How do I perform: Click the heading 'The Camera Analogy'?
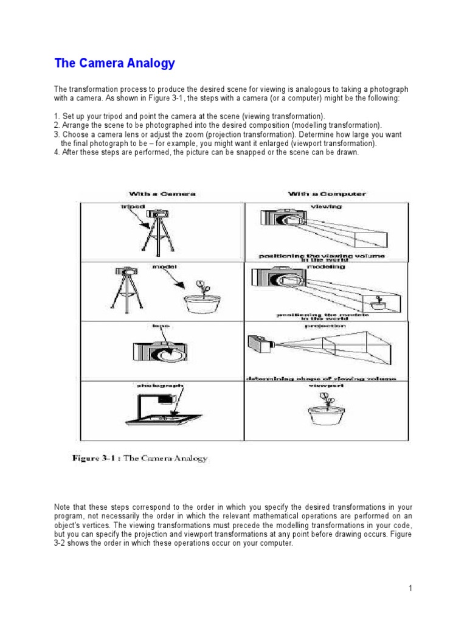[x=114, y=63]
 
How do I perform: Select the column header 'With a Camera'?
[x=162, y=194]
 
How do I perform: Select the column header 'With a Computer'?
[x=327, y=194]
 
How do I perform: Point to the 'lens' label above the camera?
[x=161, y=326]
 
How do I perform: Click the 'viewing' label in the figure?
[x=326, y=207]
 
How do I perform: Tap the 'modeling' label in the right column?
[x=327, y=266]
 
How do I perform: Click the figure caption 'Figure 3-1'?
[x=139, y=458]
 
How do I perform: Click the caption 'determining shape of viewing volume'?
[x=320, y=378]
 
